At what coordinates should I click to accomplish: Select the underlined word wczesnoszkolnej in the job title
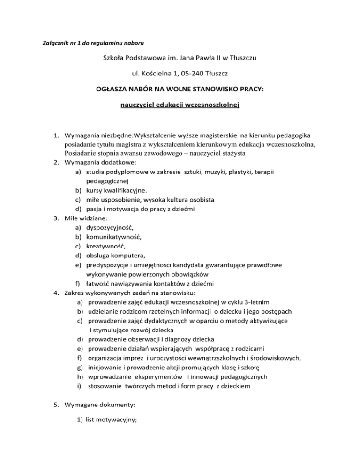(x=211, y=105)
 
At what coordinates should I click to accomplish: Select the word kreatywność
(x=106, y=246)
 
